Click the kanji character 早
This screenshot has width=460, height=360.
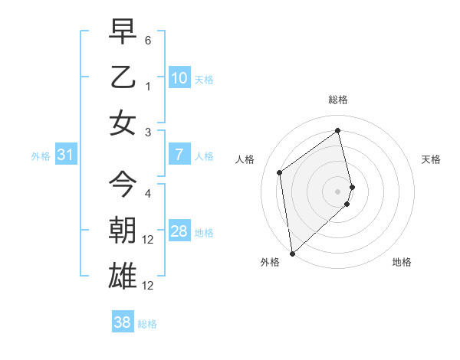coord(123,32)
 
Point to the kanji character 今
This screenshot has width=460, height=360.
coord(123,185)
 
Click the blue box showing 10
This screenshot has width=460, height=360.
coord(179,77)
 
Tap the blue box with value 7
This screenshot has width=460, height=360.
coord(179,155)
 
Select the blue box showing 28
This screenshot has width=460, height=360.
coord(179,232)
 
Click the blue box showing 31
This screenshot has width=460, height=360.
coord(66,155)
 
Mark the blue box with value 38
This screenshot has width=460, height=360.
coord(123,322)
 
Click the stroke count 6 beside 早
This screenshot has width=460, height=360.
coord(148,38)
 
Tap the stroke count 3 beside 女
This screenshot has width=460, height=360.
coord(148,133)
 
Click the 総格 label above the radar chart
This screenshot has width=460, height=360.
coord(338,100)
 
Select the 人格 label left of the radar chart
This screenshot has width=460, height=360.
coord(245,159)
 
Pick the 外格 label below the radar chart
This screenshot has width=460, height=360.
coord(270,262)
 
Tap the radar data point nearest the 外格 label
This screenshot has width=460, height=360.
coord(291,253)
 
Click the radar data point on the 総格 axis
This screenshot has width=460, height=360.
coord(338,131)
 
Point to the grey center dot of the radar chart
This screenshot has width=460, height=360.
coord(338,190)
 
